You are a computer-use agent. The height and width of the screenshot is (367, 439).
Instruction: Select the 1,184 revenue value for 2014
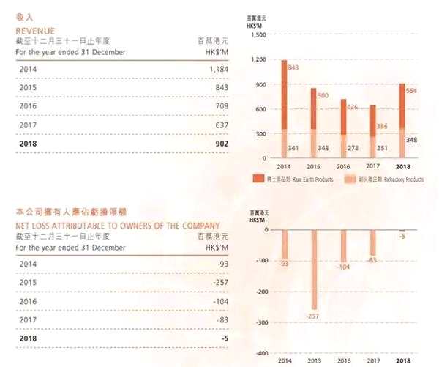click(218, 68)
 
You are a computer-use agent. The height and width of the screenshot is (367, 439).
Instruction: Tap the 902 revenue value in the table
click(222, 144)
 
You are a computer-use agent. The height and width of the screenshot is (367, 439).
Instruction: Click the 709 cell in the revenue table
click(221, 106)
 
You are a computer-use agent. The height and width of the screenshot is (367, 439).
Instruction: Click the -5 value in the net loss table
click(224, 340)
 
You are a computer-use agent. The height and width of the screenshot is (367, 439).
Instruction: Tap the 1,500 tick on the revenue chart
click(258, 35)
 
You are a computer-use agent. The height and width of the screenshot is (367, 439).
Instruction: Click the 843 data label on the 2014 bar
click(293, 67)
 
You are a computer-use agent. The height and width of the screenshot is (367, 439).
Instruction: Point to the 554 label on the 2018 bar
click(412, 90)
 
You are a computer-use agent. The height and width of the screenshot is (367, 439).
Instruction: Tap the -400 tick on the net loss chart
click(259, 353)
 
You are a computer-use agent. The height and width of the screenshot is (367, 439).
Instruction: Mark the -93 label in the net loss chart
click(284, 263)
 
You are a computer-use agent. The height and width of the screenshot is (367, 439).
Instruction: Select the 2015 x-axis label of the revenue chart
click(314, 166)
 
